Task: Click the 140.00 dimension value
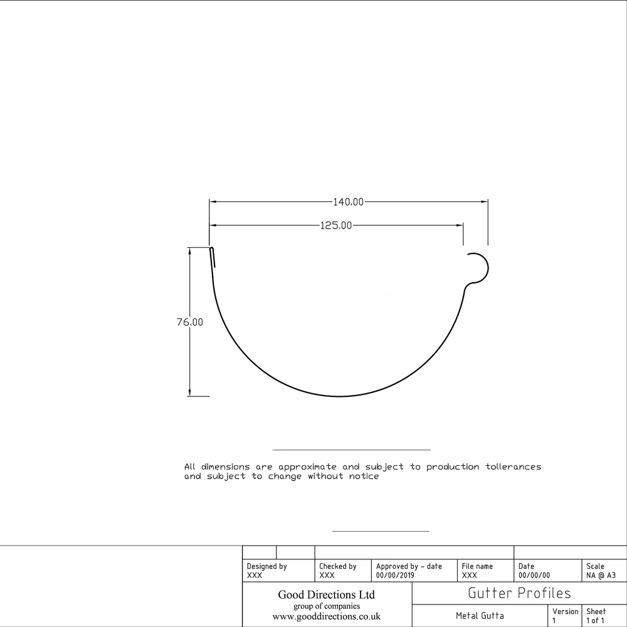coord(348,202)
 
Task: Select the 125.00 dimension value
coord(336,226)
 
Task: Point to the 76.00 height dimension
coord(190,322)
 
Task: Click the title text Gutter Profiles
coord(519,593)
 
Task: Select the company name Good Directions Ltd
coord(326,594)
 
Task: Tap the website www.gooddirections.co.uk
coord(326,617)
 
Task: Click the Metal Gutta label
coord(480,616)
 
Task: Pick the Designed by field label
coord(266,566)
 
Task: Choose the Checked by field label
coord(337,566)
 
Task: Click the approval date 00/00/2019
coord(395,575)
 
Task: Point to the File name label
coord(477,566)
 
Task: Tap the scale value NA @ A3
coord(601,575)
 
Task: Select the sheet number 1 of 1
coord(596,621)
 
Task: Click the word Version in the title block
coord(566,611)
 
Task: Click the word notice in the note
coord(364,477)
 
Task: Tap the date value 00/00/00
coord(534,575)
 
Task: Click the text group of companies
coord(326,606)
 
